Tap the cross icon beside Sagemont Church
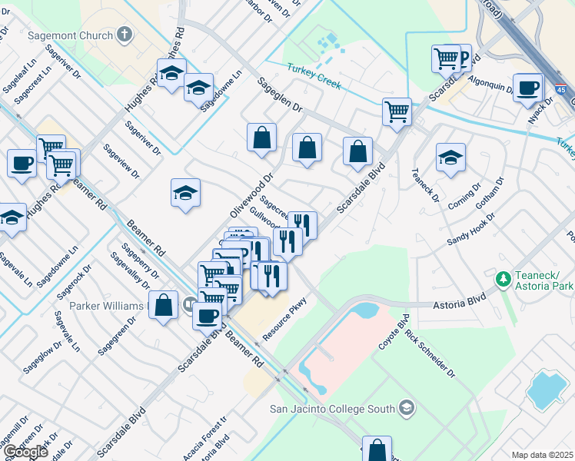[x=125, y=35]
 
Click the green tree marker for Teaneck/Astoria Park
[x=504, y=278]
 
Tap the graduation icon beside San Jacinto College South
[x=407, y=408]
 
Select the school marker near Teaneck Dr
[x=450, y=158]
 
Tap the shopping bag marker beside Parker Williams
[x=164, y=306]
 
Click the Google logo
[x=25, y=451]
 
